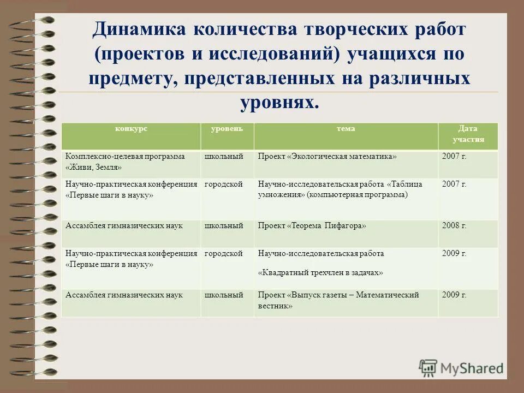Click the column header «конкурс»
[131, 129]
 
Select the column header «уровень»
[227, 129]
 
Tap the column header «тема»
[346, 129]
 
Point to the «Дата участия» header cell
[467, 134]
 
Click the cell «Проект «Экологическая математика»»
[327, 157]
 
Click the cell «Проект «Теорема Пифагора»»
[312, 225]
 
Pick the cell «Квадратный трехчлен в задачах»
[320, 272]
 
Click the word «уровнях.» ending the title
[279, 102]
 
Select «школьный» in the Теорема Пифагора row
[223, 225]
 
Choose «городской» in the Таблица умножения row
[223, 184]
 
